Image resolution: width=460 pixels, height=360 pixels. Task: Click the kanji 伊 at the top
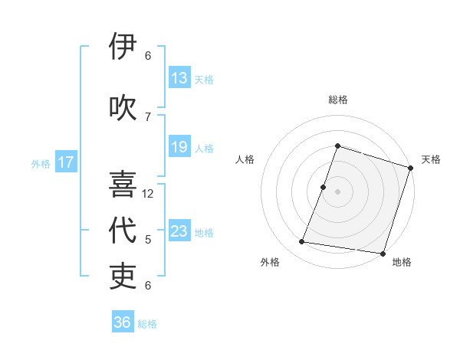coord(123,47)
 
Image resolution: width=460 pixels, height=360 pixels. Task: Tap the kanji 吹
coord(123,107)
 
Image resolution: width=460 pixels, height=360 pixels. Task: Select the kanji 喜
coord(123,185)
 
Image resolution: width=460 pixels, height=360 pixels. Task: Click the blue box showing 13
coord(179,78)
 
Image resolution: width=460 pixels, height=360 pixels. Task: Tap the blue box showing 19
coord(179,147)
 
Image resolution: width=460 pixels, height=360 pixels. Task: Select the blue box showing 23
coord(179,231)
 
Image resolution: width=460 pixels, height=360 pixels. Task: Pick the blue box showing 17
coord(66,162)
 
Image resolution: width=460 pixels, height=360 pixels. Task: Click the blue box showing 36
coord(123,322)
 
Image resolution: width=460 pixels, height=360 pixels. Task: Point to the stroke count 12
coord(148,194)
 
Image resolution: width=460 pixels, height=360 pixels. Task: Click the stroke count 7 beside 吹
coord(148,116)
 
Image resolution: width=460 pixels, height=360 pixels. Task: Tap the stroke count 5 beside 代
coord(148,240)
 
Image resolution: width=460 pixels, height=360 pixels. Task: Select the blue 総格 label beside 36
coord(147,324)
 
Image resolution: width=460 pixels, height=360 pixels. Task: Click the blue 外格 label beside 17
coord(41,163)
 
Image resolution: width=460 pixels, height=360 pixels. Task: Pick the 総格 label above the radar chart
coord(337,100)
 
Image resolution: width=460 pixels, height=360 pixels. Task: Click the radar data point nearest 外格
coord(302,242)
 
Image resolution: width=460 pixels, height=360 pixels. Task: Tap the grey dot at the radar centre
coord(337,191)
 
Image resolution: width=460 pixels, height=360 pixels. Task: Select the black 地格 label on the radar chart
coord(402,262)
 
